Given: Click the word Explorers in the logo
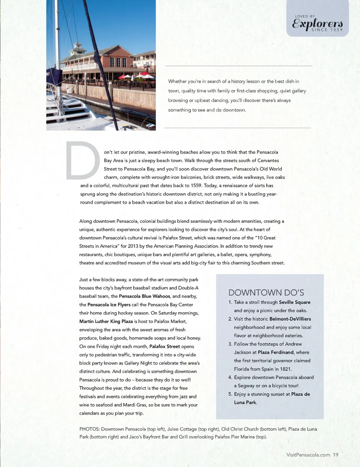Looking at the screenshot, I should click(317, 23).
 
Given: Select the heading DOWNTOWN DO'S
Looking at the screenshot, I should click(266, 293).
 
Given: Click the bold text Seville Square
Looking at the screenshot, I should click(295, 302).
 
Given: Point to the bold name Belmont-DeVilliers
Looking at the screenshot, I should click(290, 319).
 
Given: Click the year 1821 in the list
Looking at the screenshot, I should click(285, 369).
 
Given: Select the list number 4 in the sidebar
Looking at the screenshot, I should click(230, 377).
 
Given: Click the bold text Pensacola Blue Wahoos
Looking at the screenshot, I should click(145, 296).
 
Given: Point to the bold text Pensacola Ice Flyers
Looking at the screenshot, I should click(109, 305).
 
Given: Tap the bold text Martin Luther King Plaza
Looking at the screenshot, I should click(106, 321).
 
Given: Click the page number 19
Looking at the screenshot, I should click(336, 455).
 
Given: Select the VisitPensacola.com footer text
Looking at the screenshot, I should click(308, 455).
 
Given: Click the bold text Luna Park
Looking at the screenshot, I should click(246, 402).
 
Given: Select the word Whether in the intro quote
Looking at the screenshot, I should click(177, 81).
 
